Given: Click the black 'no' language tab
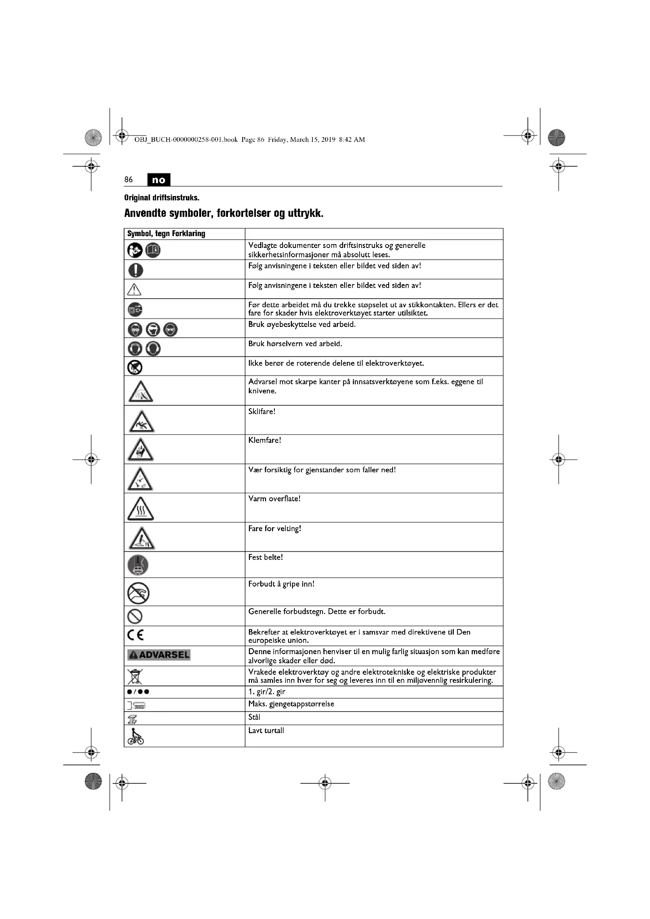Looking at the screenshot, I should click(x=158, y=180).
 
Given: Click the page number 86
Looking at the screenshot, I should click(x=129, y=180).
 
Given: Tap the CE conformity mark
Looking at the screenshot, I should click(x=136, y=635).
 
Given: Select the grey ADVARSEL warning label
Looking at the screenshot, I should click(x=159, y=655).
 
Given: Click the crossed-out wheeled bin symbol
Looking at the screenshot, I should click(x=135, y=676).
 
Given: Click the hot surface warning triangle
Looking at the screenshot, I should click(x=140, y=509).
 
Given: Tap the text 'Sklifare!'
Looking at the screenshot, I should click(x=262, y=411).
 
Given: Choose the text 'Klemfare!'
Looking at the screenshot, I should click(x=264, y=440).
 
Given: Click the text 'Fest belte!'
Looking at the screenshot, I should click(x=265, y=557).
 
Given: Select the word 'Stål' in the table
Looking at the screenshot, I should click(x=254, y=717).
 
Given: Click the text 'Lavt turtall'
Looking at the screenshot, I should click(x=266, y=730).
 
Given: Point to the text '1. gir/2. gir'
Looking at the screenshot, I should click(x=266, y=692).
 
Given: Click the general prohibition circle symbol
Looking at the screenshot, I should click(x=135, y=616).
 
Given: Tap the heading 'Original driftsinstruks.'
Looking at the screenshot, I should click(x=162, y=198).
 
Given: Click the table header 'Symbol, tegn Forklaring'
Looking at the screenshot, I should click(x=166, y=234).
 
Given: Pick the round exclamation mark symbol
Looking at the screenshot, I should click(x=136, y=270).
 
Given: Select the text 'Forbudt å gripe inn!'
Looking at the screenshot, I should click(x=281, y=584).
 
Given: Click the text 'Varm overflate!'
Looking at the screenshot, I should click(x=274, y=499).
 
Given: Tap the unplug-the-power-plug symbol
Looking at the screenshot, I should click(x=135, y=309).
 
